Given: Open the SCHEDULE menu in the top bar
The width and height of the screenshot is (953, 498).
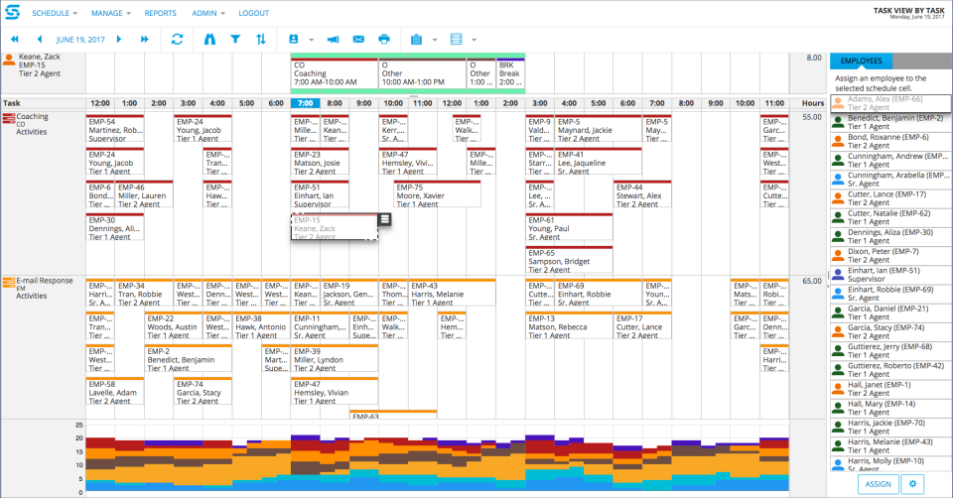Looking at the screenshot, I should click(x=56, y=13).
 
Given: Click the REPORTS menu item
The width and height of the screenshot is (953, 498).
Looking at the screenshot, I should click(x=161, y=13).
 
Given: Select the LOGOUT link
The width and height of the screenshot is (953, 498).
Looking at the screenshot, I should click(x=253, y=13).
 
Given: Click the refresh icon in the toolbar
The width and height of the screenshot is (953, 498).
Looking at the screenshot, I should click(x=178, y=39).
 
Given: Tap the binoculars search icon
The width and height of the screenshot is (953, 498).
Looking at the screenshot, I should click(x=208, y=39).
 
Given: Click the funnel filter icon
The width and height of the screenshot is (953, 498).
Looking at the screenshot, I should click(x=235, y=39).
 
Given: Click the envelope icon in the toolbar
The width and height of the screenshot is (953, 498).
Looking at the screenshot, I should click(x=358, y=39).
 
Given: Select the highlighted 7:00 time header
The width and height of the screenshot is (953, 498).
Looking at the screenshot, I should click(x=306, y=103).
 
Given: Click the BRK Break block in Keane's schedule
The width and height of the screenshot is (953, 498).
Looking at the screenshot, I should click(x=510, y=72).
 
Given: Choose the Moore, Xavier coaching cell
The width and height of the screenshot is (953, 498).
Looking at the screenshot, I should click(x=437, y=192).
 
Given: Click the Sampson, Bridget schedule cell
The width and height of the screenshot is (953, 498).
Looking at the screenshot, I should click(x=569, y=257).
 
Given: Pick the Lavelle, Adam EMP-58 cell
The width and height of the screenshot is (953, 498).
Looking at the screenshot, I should click(x=114, y=390).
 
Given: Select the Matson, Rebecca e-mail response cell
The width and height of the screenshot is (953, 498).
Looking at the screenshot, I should click(x=569, y=324).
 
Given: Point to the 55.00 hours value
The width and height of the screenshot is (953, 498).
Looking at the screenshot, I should click(x=811, y=117).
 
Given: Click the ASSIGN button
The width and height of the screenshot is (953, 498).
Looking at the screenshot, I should click(x=878, y=483).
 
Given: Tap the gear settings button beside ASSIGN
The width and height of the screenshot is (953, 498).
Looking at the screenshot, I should click(x=913, y=483).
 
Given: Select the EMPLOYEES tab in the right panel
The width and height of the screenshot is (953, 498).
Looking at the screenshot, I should click(x=861, y=61).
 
